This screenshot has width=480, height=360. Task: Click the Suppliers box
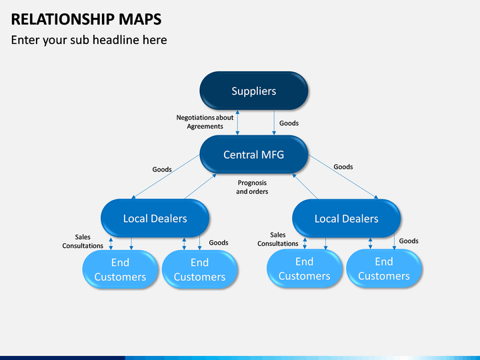(254, 91)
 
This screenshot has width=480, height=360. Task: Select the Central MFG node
(254, 155)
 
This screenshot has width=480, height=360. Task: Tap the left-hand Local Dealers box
(155, 218)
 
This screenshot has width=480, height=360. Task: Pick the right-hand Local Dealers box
(347, 219)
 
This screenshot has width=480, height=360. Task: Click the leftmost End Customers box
(120, 269)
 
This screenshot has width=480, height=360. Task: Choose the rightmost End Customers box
(384, 269)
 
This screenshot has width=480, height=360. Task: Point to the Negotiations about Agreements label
(205, 122)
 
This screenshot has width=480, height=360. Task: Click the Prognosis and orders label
(252, 187)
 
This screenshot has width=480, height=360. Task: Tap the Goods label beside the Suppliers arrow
(289, 123)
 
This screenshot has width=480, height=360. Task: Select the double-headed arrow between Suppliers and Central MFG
(237, 123)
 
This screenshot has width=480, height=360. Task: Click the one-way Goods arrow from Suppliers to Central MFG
(274, 123)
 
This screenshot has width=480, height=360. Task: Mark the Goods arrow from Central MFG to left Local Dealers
(165, 177)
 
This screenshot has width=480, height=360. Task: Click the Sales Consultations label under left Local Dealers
(83, 241)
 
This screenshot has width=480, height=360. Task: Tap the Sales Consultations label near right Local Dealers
(277, 239)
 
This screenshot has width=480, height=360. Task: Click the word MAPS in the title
(140, 19)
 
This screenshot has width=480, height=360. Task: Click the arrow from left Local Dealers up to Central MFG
(201, 187)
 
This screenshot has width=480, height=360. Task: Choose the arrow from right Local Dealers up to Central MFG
(305, 187)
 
